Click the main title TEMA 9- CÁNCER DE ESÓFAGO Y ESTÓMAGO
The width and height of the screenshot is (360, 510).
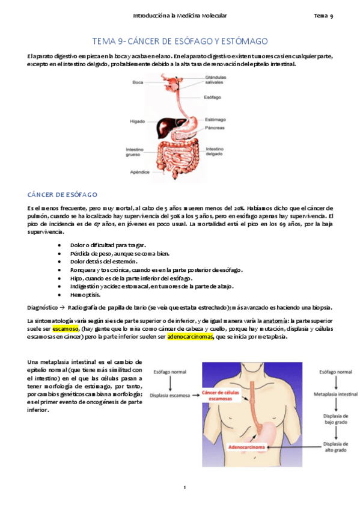point(180,41)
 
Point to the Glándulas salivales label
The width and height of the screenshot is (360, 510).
point(216,79)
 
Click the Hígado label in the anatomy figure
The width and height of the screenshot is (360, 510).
point(137,121)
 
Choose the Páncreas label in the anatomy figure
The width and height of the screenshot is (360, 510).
point(215,127)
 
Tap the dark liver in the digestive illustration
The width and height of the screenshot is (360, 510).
point(163,126)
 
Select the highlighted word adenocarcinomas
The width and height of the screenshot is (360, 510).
point(190,337)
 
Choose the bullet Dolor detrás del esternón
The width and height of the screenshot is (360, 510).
point(103,262)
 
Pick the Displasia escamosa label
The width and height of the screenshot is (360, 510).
point(171,395)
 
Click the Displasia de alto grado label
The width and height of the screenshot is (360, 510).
point(335,446)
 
